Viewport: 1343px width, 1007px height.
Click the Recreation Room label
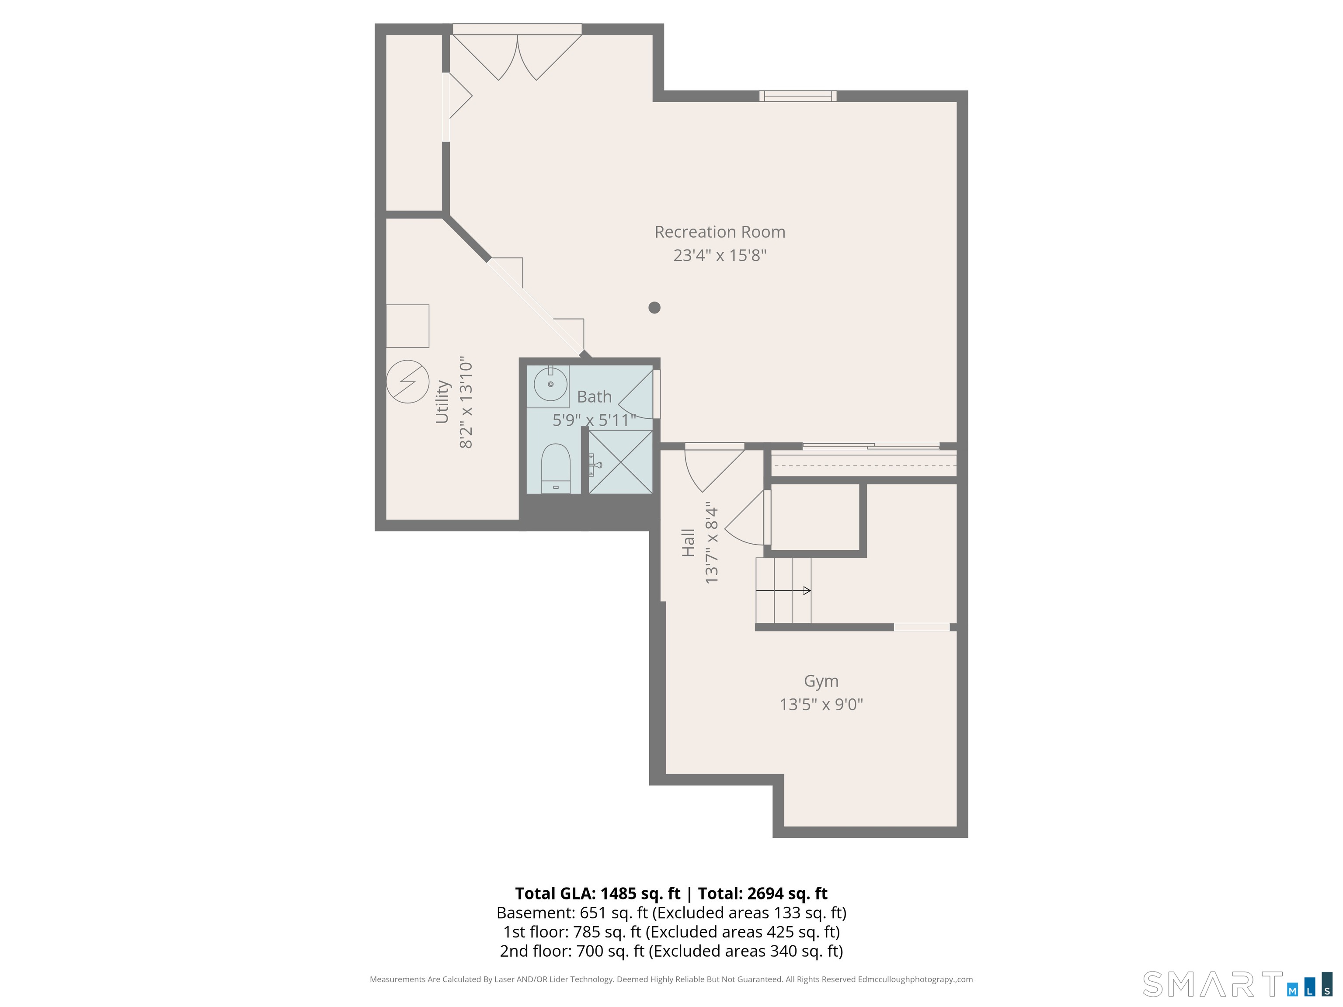[720, 232]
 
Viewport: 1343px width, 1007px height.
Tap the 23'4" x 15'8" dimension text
[720, 255]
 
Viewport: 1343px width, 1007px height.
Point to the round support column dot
[654, 308]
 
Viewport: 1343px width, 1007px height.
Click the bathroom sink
[550, 384]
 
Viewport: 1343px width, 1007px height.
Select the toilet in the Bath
[556, 468]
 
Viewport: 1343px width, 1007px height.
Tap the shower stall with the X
[620, 461]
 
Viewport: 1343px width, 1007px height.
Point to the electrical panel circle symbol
[407, 382]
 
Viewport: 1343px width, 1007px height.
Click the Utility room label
[442, 402]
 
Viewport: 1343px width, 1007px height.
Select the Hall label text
[688, 543]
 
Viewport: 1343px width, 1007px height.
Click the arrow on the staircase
[783, 590]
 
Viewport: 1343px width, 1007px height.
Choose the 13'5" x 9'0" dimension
[821, 705]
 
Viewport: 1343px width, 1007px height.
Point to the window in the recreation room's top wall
[798, 96]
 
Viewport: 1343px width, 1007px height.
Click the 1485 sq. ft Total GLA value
[640, 893]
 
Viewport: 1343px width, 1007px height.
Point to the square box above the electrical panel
[407, 326]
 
